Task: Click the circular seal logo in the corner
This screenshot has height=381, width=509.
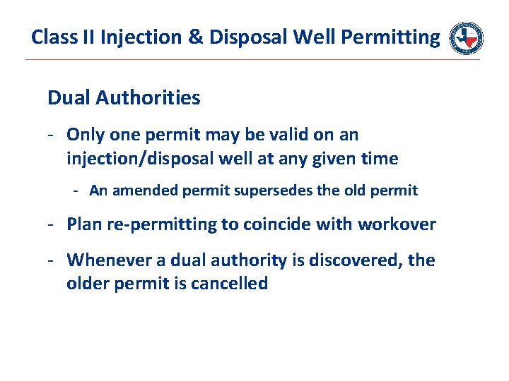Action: (467, 37)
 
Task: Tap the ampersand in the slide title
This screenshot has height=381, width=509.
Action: (195, 37)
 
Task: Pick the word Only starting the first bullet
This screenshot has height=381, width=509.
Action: (84, 134)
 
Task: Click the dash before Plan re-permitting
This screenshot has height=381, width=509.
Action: (52, 224)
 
